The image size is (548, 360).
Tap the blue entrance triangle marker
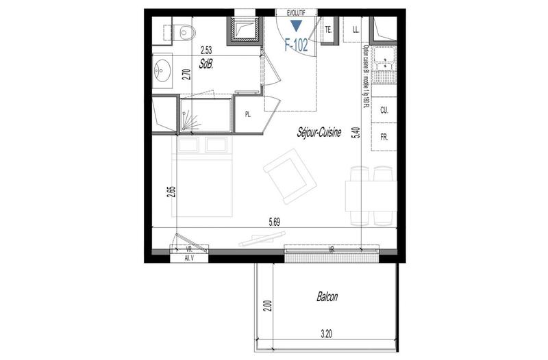click(x=296, y=27)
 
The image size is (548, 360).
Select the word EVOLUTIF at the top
click(x=296, y=12)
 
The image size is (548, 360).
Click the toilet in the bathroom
click(x=181, y=31)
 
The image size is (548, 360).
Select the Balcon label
click(x=327, y=298)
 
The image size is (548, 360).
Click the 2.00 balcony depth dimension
click(x=269, y=305)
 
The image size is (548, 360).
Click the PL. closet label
click(x=249, y=115)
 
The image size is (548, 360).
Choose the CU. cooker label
click(x=384, y=110)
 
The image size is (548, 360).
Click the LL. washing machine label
click(x=356, y=30)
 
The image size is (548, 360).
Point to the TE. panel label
click(x=329, y=29)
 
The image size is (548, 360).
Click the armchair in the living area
click(x=289, y=177)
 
